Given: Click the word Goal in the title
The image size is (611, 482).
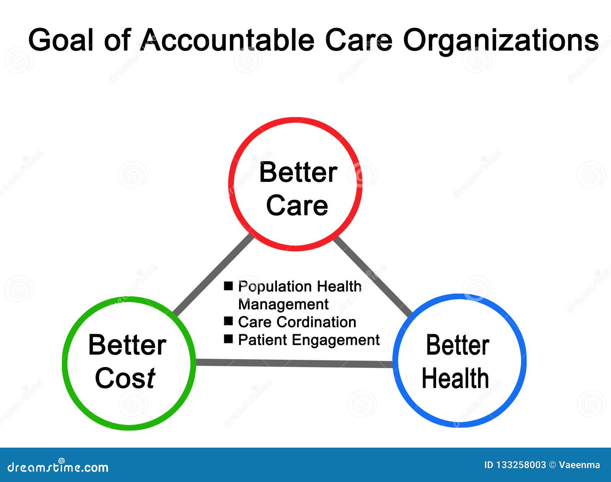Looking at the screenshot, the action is (x=61, y=40).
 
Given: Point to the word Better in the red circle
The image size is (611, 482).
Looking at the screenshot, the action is (x=298, y=172).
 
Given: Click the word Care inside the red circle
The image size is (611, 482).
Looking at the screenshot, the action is (x=297, y=205).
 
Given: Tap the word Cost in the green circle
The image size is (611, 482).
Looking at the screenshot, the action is (x=125, y=378).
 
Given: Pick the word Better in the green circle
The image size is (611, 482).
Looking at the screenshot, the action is (x=127, y=345).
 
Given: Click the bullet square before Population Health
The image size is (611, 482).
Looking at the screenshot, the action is (x=228, y=286).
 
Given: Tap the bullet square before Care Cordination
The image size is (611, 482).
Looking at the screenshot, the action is (x=228, y=321).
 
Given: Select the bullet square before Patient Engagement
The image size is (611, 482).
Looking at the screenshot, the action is (x=228, y=339).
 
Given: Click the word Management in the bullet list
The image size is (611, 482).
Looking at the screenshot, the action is (x=283, y=304).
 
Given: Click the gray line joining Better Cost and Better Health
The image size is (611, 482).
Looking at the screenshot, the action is (x=294, y=363).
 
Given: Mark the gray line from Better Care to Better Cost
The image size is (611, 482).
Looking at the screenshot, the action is (x=213, y=275).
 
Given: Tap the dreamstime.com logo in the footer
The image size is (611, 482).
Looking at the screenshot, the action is (x=58, y=467).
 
